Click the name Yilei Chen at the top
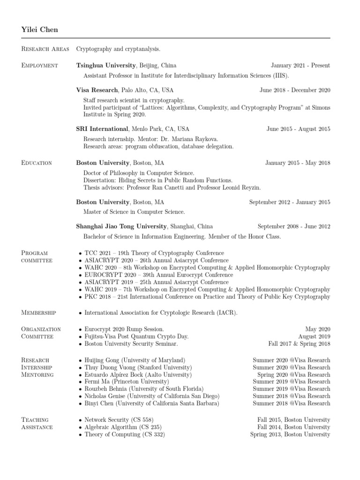click(40, 30)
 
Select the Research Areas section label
click(45, 49)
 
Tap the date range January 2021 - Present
click(300, 65)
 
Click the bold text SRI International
click(102, 129)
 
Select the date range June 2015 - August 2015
click(298, 129)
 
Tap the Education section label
click(37, 163)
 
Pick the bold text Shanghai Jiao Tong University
click(121, 226)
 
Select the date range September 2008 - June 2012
click(293, 226)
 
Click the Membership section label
click(39, 313)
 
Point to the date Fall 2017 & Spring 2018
click(299, 344)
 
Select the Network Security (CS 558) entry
click(119, 420)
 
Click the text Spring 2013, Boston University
click(290, 435)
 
